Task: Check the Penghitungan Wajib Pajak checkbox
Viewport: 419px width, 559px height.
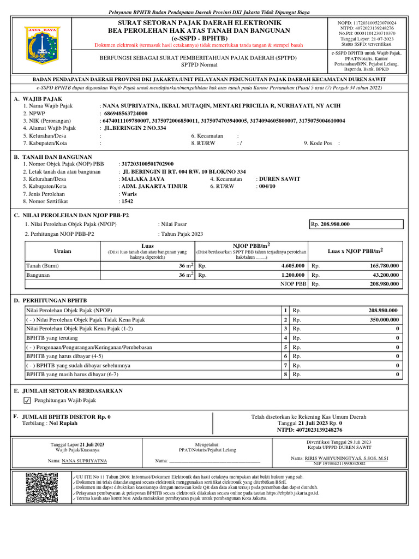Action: (x=28, y=401)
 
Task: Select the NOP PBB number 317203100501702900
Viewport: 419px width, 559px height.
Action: (x=147, y=164)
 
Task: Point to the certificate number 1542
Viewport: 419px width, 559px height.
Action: (x=127, y=201)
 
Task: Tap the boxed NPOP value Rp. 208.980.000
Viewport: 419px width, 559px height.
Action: (x=356, y=224)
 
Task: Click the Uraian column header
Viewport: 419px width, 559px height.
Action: (x=62, y=251)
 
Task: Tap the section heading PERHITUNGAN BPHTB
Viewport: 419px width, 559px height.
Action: (x=53, y=301)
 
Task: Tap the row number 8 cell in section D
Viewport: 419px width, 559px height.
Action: (x=285, y=375)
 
